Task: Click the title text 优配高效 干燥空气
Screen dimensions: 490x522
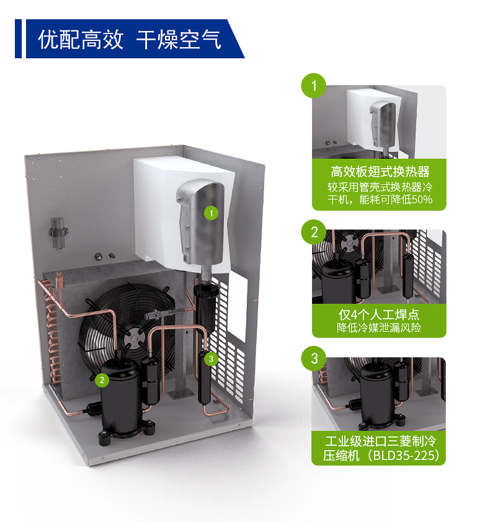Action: click(x=130, y=40)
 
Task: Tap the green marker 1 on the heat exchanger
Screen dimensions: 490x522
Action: click(x=211, y=213)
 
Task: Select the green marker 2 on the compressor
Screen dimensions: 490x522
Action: click(x=102, y=380)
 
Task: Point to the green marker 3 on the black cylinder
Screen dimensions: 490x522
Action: click(x=211, y=359)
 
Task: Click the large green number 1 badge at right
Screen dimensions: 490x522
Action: click(x=313, y=86)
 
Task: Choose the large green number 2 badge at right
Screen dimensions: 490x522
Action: click(x=313, y=232)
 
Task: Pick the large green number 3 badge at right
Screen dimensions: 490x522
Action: click(x=313, y=358)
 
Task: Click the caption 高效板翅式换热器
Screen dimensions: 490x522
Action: click(x=380, y=172)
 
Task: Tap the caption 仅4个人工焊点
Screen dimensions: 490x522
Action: click(x=379, y=314)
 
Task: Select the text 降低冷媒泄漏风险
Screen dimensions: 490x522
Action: click(x=379, y=328)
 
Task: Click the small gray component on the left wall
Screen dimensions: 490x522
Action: click(x=58, y=233)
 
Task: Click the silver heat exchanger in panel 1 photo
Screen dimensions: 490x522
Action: click(x=384, y=124)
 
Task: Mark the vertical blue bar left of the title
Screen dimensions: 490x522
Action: click(x=19, y=38)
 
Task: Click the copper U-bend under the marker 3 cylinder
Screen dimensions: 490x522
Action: click(x=215, y=409)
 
